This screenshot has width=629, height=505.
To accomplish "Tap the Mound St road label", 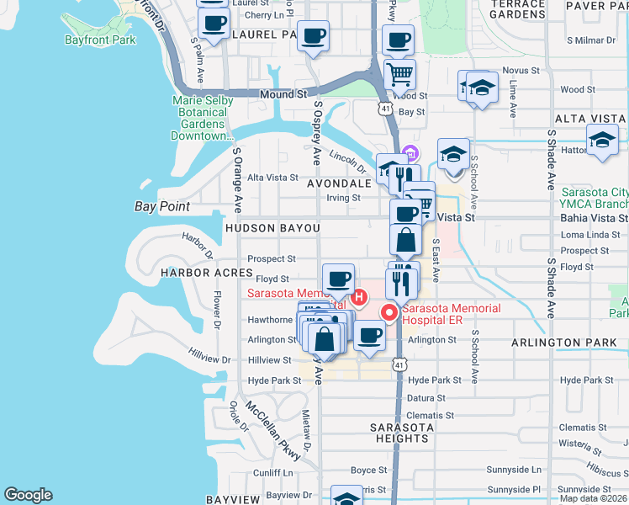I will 282,94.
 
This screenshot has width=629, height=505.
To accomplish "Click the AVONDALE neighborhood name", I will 339,183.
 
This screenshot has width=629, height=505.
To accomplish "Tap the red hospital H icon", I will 360,296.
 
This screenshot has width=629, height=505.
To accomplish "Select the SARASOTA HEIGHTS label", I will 402,433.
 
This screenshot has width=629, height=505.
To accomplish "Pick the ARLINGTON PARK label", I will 565,343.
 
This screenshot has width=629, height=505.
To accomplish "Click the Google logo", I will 28,495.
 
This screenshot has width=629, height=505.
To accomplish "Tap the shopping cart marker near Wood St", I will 399,73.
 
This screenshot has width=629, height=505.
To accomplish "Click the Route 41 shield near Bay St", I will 384,109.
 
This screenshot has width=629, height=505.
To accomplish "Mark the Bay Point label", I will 162,206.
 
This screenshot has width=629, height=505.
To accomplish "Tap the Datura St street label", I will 425,397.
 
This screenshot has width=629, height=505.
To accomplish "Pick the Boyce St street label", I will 367,470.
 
